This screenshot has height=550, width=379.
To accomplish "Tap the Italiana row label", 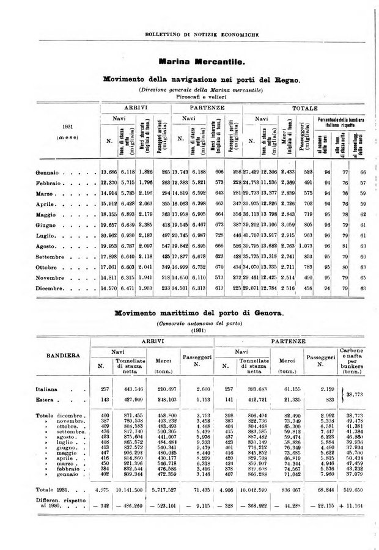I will [x=47, y=389].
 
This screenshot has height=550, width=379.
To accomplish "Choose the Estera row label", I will [x=45, y=400].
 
